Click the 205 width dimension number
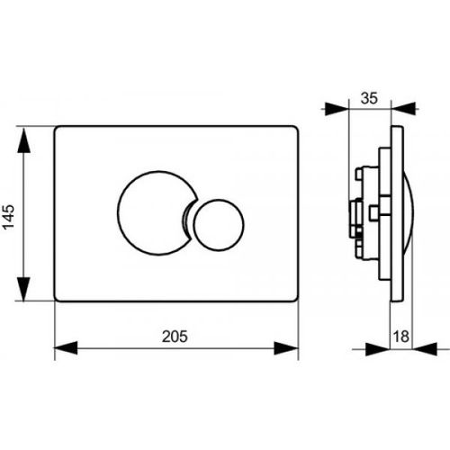tap(175, 337)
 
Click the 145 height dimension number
tap(9, 217)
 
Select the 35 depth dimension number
tap(369, 98)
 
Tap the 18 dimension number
tap(401, 337)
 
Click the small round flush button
tap(219, 225)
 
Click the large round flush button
tap(156, 213)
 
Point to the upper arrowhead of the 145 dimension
tap(23, 140)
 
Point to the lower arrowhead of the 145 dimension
tap(23, 289)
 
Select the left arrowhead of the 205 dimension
tap(66, 348)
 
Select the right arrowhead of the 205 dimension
tap(286, 348)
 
